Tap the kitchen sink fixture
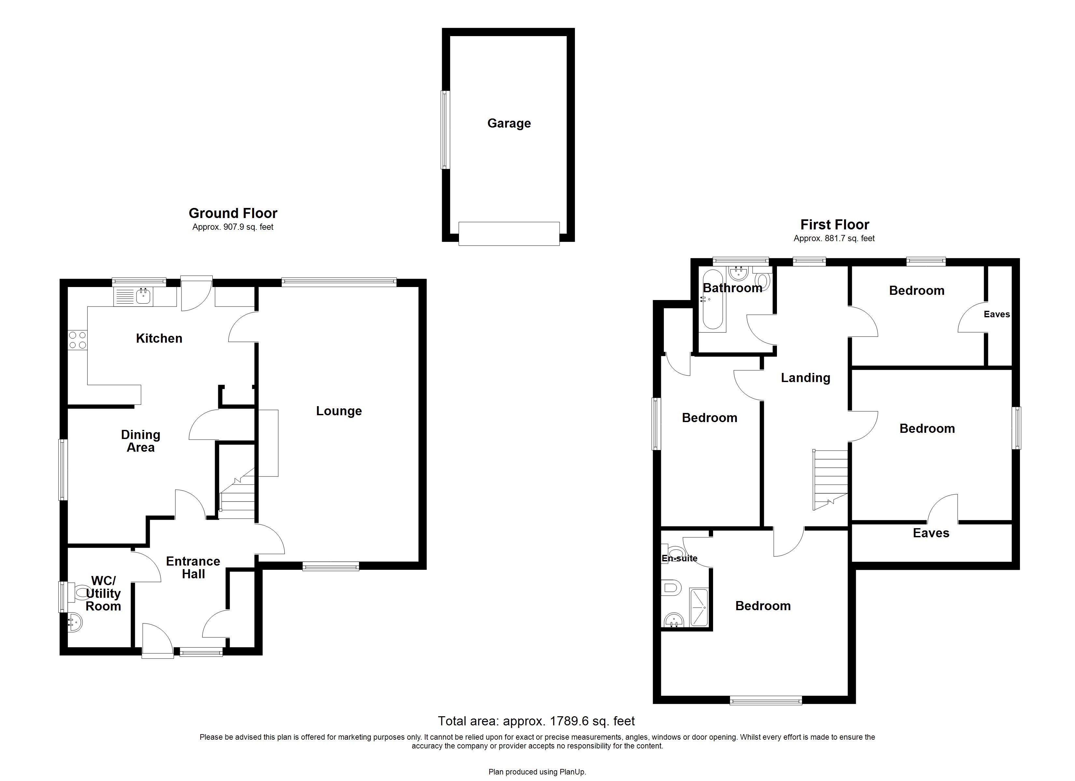pyautogui.click(x=143, y=296)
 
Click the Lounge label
pyautogui.click(x=339, y=411)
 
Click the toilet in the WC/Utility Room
pyautogui.click(x=81, y=592)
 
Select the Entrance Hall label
pyautogui.click(x=193, y=568)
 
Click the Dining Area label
pyautogui.click(x=140, y=441)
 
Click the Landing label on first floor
pyautogui.click(x=805, y=377)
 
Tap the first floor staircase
pyautogui.click(x=830, y=479)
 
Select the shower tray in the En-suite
pyautogui.click(x=699, y=608)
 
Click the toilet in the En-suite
pyautogui.click(x=671, y=588)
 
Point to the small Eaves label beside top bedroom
pyautogui.click(x=996, y=314)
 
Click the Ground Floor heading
pyautogui.click(x=233, y=213)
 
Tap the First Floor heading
pyautogui.click(x=835, y=225)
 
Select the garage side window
pyautogui.click(x=445, y=130)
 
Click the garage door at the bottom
pyautogui.click(x=509, y=234)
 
